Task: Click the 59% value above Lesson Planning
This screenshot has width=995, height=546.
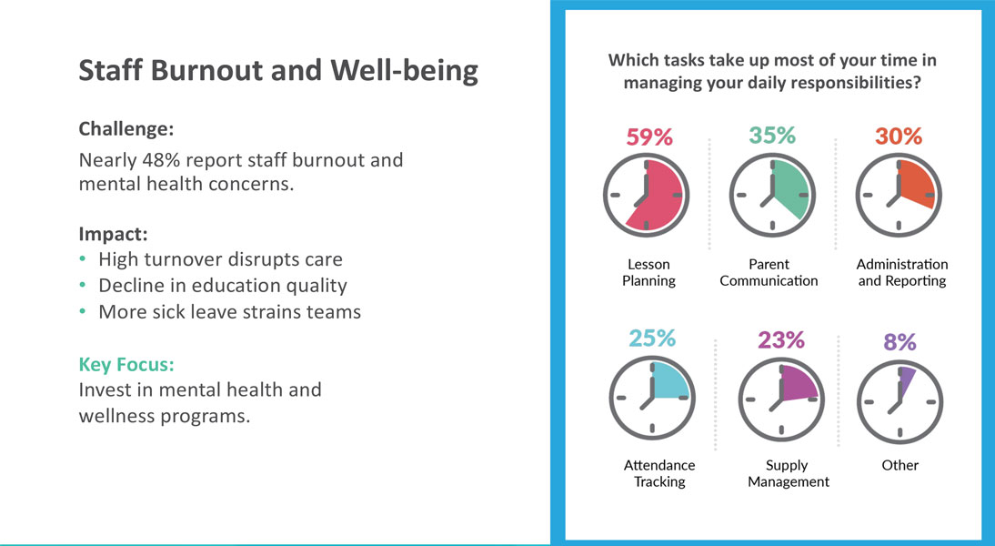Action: (x=649, y=136)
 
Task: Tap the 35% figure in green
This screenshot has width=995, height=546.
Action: (x=772, y=135)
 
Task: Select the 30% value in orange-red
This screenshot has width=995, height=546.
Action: (x=899, y=136)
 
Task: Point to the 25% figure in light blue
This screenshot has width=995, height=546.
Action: (x=652, y=339)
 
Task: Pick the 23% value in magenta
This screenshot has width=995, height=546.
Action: (x=781, y=340)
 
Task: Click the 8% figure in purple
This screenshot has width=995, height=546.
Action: (x=900, y=342)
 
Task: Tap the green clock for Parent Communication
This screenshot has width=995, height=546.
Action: (x=772, y=196)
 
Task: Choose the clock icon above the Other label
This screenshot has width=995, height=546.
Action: (x=900, y=400)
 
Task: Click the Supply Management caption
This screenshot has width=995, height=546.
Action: (x=789, y=473)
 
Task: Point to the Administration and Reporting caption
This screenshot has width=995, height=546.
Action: (x=901, y=272)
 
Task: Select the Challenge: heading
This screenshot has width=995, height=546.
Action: (x=126, y=128)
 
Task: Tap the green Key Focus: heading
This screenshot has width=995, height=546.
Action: (x=126, y=365)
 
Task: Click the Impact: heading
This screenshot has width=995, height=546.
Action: (x=113, y=232)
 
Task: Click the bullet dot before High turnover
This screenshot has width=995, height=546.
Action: (x=84, y=258)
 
